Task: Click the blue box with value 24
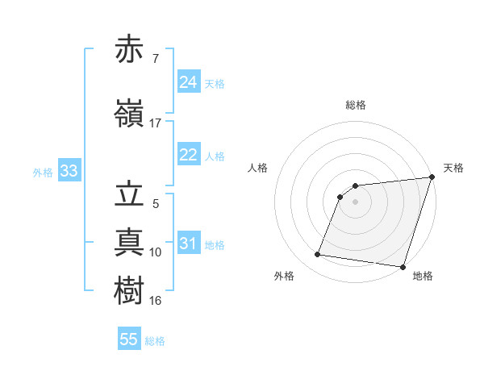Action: [x=189, y=82]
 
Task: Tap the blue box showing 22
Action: [x=189, y=155]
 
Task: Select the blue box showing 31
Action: [x=189, y=244]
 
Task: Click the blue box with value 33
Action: [x=69, y=171]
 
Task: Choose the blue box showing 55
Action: [x=129, y=339]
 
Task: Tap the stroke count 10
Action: [x=156, y=252]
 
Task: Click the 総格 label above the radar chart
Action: [x=356, y=105]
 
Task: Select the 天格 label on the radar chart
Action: [x=453, y=168]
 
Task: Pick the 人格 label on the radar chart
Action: [x=258, y=168]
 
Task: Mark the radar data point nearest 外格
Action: [x=317, y=255]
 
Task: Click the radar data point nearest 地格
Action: [x=403, y=267]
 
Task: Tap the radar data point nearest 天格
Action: [x=432, y=177]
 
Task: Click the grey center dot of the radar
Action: [x=356, y=202]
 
